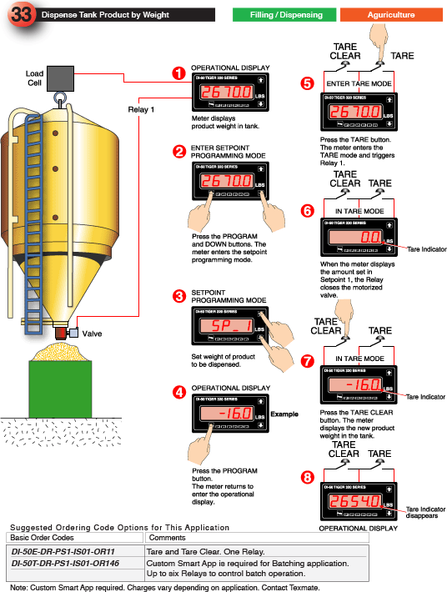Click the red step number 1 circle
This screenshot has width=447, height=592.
[x=178, y=73]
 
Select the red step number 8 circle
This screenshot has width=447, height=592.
[x=307, y=477]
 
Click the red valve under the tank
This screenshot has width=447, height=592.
[x=61, y=334]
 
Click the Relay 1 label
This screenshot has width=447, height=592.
[x=142, y=108]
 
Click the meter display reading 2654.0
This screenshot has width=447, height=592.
[x=355, y=502]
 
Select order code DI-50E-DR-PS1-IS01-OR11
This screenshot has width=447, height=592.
[x=63, y=551]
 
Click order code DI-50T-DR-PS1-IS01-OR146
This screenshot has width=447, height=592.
[x=66, y=564]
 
